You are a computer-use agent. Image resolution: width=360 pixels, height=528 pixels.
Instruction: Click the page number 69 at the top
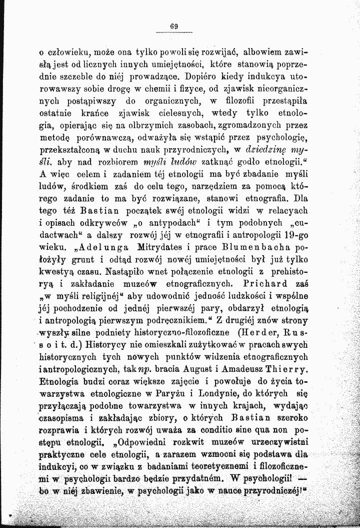(x=174, y=27)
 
